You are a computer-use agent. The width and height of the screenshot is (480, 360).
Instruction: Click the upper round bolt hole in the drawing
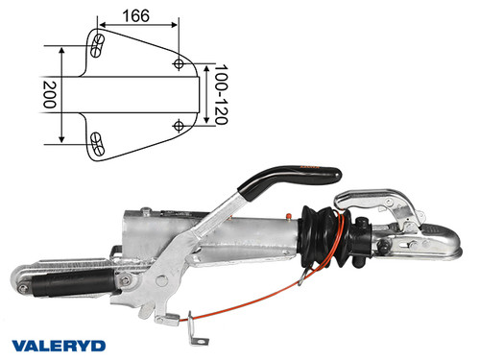[180, 62]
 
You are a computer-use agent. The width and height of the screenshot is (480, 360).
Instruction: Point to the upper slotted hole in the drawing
[98, 43]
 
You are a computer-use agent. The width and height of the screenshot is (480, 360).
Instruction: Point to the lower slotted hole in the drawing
[97, 144]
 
